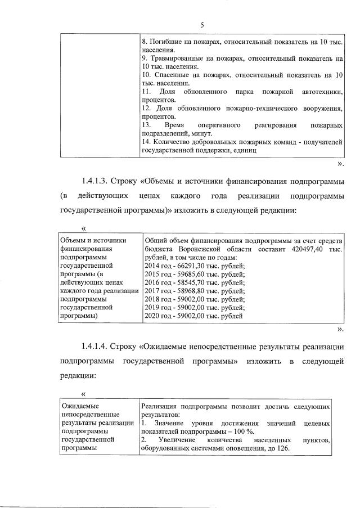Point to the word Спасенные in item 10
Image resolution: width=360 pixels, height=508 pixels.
pyautogui.click(x=170, y=75)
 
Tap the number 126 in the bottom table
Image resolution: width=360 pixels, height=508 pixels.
pyautogui.click(x=267, y=448)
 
